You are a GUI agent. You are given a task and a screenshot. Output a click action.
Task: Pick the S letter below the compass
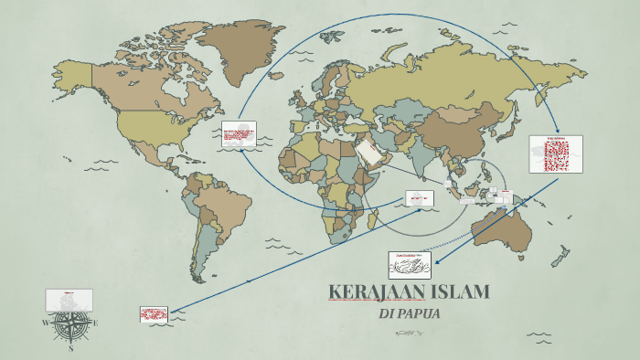click(70, 348)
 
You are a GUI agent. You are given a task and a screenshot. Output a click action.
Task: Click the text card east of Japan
click(555, 154)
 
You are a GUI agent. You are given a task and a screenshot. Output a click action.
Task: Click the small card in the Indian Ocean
click(419, 198)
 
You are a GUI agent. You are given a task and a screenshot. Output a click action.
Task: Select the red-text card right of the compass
click(155, 313)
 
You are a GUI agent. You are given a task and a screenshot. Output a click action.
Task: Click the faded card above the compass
click(69, 299)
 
